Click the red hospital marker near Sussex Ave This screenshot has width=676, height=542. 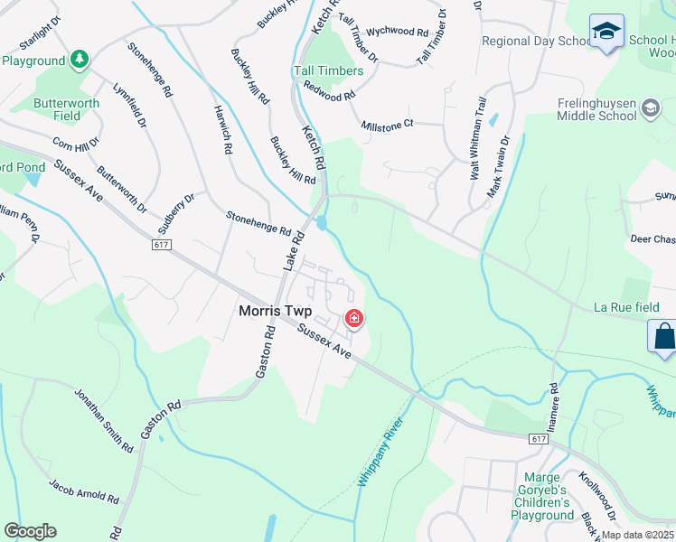coord(354,318)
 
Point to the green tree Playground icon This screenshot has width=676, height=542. coord(80,60)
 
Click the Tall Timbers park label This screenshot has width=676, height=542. coord(328,70)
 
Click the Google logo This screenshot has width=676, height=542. coord(30,531)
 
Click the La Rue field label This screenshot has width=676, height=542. coord(625,307)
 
